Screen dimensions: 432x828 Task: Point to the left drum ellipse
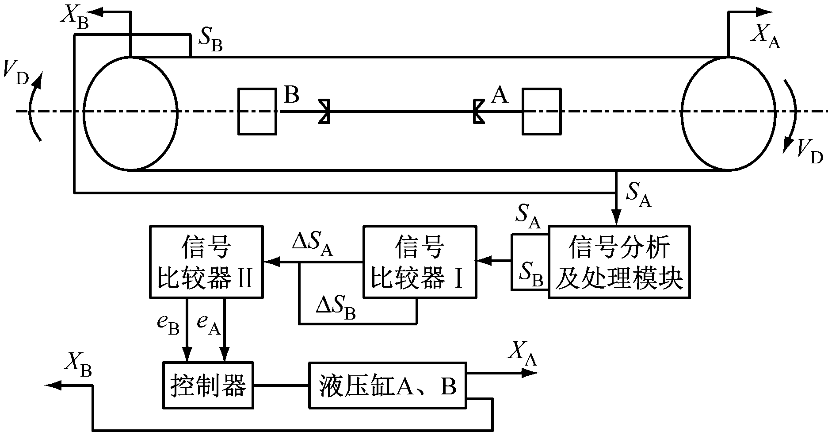(131, 113)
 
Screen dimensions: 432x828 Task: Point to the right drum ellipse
(729, 113)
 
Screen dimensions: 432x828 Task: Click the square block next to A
(542, 111)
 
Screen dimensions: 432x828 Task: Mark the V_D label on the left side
(15, 73)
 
